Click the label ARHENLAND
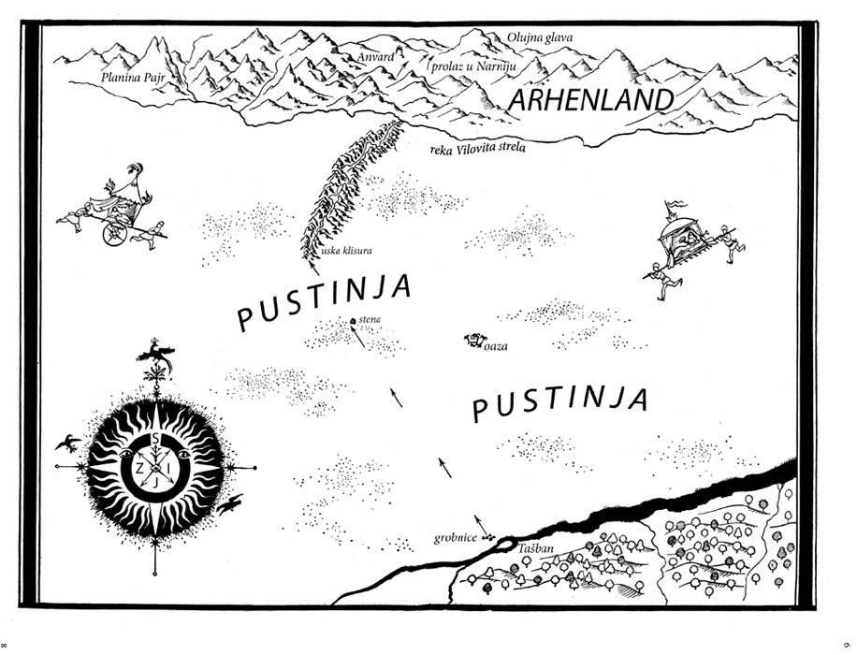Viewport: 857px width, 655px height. (x=592, y=100)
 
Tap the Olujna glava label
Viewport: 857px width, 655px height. (x=540, y=37)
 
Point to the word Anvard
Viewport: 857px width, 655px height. (x=375, y=57)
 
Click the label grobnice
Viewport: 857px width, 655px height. (x=456, y=538)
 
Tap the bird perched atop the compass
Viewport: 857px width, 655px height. (x=153, y=354)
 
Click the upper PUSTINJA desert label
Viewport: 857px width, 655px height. (x=324, y=301)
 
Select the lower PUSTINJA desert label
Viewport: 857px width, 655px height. (x=559, y=403)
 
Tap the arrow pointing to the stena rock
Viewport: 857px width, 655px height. (x=358, y=340)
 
